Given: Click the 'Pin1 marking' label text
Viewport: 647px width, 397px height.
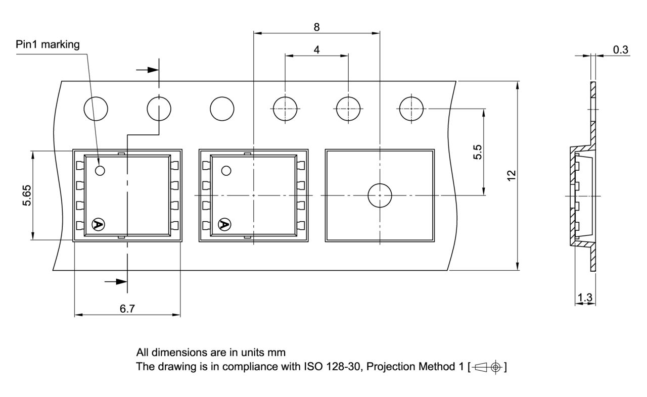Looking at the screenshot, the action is pyautogui.click(x=48, y=44).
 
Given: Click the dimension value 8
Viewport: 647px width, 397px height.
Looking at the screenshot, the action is pyautogui.click(x=316, y=27).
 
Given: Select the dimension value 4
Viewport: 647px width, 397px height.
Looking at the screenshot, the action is pyautogui.click(x=316, y=49).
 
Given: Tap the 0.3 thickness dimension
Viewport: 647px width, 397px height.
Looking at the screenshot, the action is pyautogui.click(x=620, y=49).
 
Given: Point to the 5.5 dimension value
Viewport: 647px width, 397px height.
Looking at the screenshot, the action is pyautogui.click(x=478, y=152).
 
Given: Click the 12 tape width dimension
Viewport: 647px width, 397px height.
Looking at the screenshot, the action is pyautogui.click(x=511, y=175).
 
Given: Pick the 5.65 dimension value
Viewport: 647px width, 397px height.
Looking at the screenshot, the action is pyautogui.click(x=27, y=195).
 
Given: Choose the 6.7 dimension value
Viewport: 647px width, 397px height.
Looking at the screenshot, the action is pyautogui.click(x=127, y=309).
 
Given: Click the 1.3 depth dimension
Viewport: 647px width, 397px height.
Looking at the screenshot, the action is pyautogui.click(x=585, y=297).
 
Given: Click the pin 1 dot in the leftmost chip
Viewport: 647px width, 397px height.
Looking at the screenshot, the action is pyautogui.click(x=100, y=171).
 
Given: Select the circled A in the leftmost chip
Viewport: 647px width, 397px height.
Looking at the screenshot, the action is pyautogui.click(x=98, y=224).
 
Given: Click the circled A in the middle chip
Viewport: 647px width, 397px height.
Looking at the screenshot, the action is pyautogui.click(x=224, y=224).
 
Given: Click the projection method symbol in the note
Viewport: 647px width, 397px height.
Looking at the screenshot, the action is pyautogui.click(x=488, y=367).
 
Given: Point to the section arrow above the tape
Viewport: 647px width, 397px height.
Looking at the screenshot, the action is pyautogui.click(x=147, y=70).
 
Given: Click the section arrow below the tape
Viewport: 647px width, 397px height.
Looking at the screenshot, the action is pyautogui.click(x=116, y=282).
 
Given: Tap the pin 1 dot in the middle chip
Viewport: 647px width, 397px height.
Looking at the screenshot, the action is pyautogui.click(x=226, y=171).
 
